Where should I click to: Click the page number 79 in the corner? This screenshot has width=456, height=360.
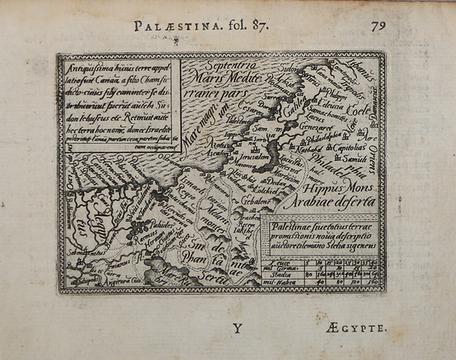[x=380, y=25]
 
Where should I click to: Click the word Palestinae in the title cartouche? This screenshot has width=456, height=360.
[x=293, y=226]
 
